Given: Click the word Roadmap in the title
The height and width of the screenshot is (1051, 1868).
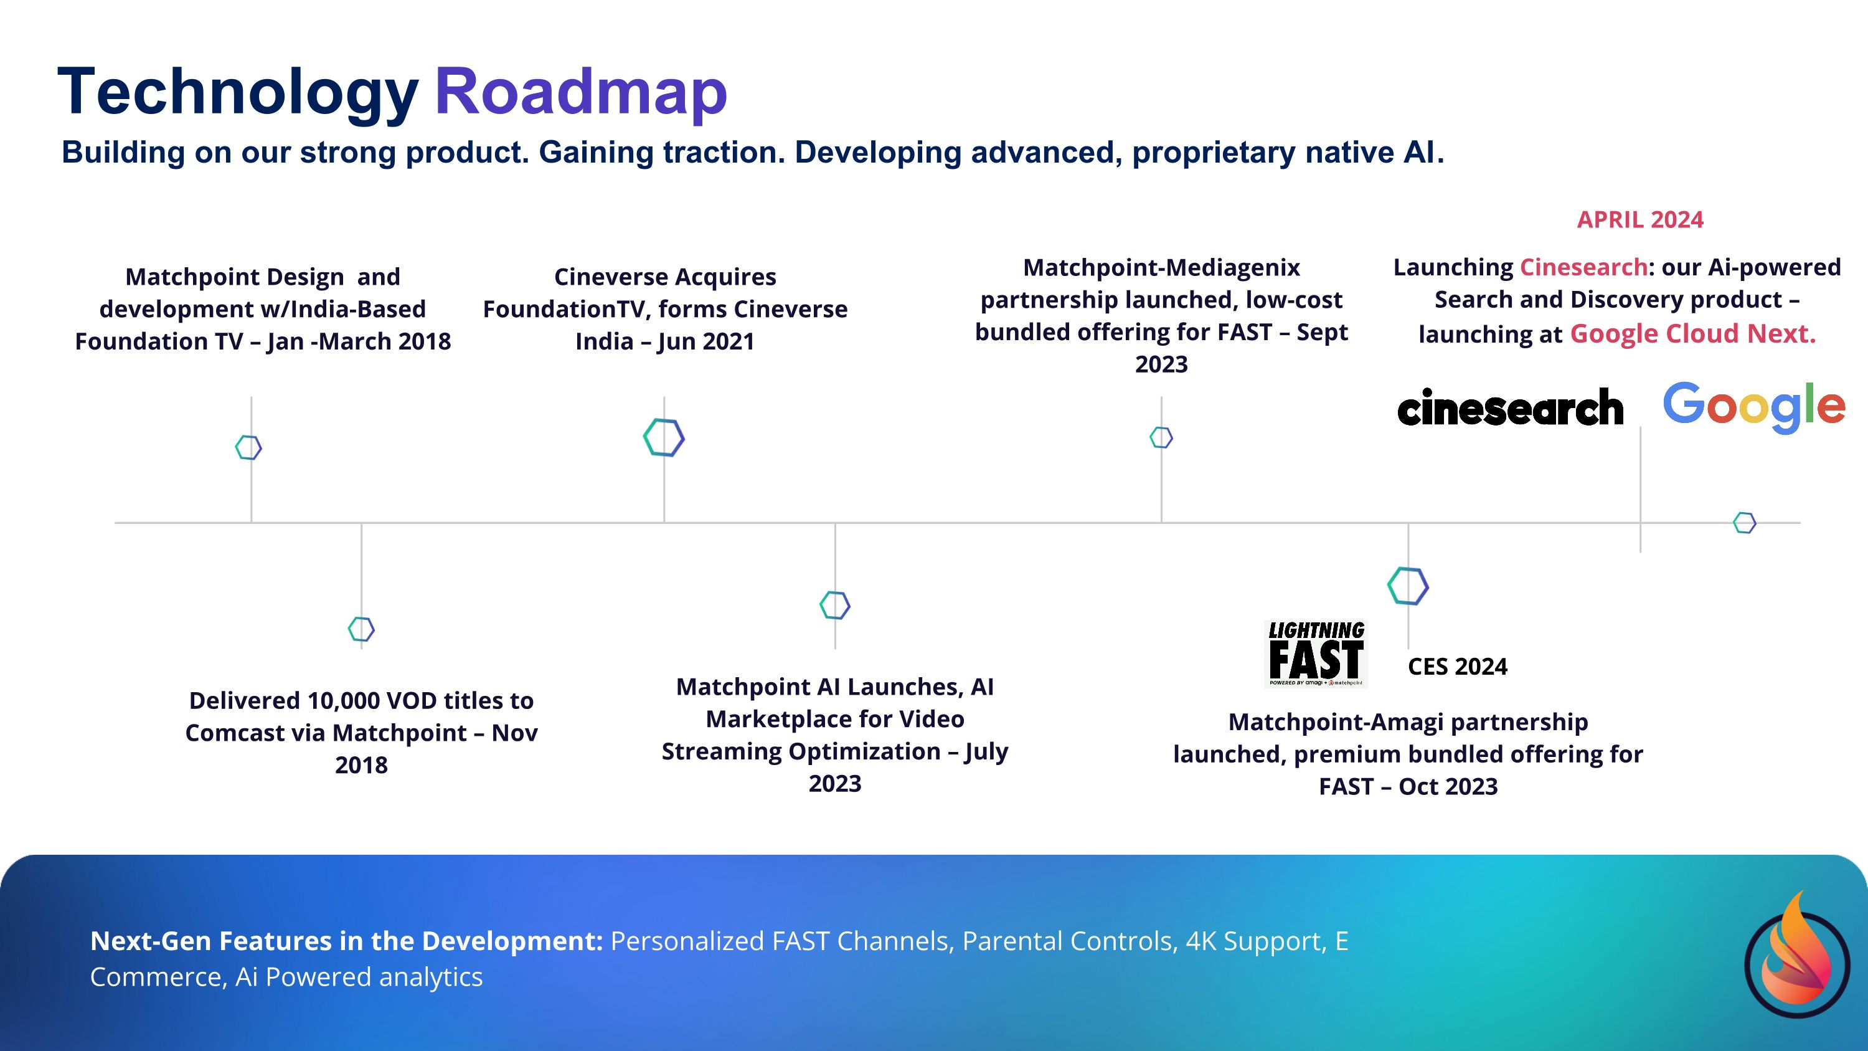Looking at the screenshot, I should coord(580,92).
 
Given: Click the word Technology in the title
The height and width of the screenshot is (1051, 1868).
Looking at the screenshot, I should coord(238,92).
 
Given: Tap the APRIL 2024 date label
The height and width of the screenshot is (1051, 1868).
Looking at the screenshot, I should coord(1639,220).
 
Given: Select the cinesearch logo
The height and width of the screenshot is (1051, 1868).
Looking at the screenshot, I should coord(1510,407).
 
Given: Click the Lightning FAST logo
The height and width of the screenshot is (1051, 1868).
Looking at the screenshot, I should coord(1316,654).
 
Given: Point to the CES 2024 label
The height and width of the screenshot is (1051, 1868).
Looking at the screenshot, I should coord(1457,667).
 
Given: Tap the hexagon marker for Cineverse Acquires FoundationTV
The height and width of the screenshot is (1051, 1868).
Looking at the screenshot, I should coord(664,437).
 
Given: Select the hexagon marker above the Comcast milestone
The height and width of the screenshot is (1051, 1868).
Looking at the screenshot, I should coord(361,629).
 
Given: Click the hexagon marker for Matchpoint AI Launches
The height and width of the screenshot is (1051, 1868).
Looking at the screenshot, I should coord(834,605).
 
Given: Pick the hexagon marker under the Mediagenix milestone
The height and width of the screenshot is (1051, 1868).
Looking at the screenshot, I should coord(1161,437).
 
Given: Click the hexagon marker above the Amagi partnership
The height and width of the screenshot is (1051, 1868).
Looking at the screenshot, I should coord(1407,586).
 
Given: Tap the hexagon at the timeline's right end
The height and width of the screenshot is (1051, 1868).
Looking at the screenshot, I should coord(1744,522).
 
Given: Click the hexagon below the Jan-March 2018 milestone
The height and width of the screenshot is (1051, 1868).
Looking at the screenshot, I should coord(248,447).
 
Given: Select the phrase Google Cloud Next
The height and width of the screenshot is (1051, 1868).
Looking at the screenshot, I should coord(1692,334).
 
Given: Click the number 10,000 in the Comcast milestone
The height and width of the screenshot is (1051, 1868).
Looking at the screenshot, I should coord(344,701).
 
